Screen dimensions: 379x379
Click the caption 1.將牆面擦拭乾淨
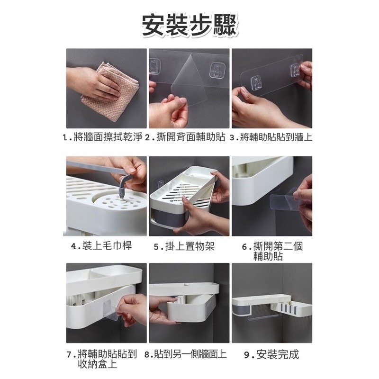point(102,138)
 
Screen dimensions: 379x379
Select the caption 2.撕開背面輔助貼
point(186,138)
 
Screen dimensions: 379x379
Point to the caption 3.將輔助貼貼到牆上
point(271,138)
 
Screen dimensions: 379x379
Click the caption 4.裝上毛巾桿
point(101,246)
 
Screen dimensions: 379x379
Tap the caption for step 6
point(272,251)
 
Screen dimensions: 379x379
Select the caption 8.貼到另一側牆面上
point(186,354)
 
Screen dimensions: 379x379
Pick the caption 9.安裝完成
point(272,354)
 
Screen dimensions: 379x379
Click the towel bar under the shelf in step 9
point(267,314)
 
